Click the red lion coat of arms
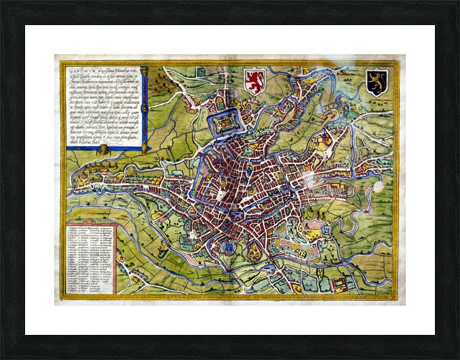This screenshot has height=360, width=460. pos(254,81)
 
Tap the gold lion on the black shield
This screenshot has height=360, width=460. pos(377,82)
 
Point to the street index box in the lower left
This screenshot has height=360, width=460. pos(91,259)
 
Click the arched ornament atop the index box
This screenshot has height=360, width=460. pos(91,223)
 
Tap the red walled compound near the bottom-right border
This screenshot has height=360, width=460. pos(339,285)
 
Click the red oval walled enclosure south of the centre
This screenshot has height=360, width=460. pos(252,251)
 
